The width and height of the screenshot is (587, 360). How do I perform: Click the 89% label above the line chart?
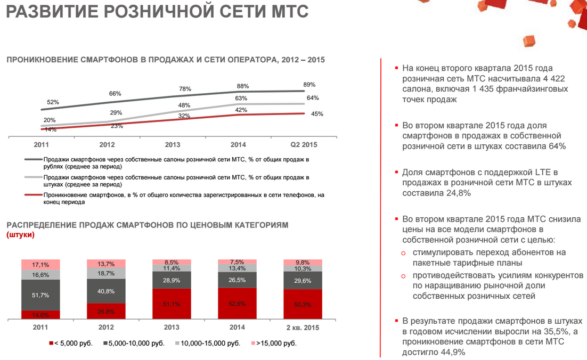click(x=309, y=85)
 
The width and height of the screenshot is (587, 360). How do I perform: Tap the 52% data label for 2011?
click(x=53, y=102)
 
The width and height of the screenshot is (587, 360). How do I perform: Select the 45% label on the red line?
click(x=317, y=114)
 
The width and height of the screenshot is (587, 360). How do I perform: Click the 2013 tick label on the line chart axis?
click(x=172, y=145)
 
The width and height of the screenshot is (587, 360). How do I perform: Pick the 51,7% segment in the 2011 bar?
click(x=40, y=295)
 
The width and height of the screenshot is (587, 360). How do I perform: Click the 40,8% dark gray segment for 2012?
click(x=106, y=291)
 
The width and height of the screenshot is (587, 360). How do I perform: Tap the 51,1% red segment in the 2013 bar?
click(x=172, y=304)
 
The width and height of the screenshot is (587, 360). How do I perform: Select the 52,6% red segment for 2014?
click(x=237, y=304)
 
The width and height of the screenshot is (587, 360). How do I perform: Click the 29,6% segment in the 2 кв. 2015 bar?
click(x=303, y=281)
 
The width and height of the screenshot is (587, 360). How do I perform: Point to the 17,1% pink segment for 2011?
click(x=40, y=265)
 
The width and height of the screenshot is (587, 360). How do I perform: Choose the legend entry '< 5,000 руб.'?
click(x=71, y=343)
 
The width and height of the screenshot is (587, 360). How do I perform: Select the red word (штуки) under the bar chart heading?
click(x=20, y=235)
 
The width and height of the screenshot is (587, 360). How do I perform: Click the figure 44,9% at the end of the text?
click(x=453, y=352)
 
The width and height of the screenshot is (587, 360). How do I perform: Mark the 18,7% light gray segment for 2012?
click(x=106, y=273)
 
